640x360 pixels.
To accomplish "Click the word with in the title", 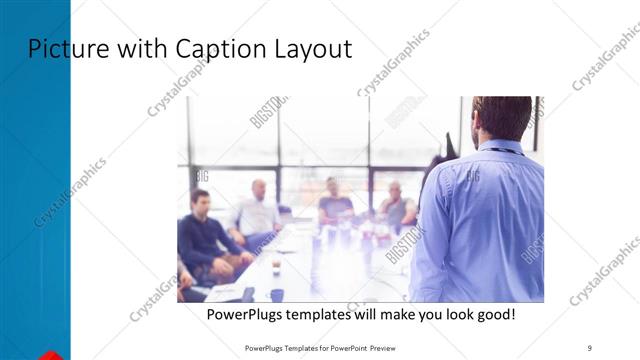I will point(139,48).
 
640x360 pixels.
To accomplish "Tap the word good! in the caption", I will point(496,315).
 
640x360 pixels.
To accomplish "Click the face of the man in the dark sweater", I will point(200,201).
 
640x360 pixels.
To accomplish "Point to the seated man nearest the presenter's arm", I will point(397,204).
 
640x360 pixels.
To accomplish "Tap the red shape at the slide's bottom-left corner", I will point(50,354).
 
